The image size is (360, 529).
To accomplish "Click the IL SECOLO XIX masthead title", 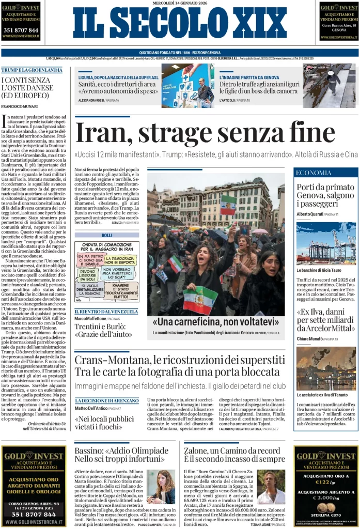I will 179,23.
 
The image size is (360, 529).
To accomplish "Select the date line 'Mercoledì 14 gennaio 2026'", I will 179,4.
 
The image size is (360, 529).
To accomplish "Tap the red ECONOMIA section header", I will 315,173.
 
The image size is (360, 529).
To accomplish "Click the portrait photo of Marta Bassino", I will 161,487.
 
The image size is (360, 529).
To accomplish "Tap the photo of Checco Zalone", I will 271,487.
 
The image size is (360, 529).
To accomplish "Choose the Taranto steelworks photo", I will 326,368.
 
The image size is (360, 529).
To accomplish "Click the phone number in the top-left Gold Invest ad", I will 21,30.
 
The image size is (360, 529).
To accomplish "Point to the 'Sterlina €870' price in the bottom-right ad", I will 326,515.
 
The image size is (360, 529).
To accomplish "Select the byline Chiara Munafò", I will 309,339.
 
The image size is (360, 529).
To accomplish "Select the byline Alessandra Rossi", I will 91,100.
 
